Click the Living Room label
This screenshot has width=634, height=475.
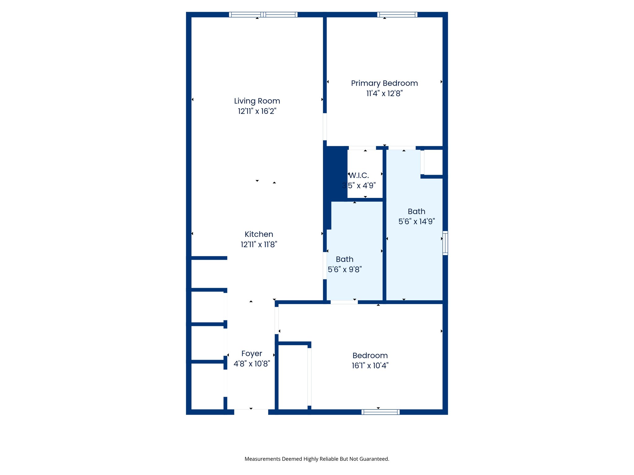[x=257, y=101]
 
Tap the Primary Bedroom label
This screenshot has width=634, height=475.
[x=384, y=83]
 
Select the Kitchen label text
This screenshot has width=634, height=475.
[x=259, y=234]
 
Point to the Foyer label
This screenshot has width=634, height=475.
[x=252, y=353]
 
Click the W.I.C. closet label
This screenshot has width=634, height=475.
[x=359, y=176]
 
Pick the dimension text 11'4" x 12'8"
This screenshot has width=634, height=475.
[x=384, y=93]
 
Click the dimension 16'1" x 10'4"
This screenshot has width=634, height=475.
[x=370, y=366]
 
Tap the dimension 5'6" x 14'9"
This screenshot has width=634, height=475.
[x=416, y=221]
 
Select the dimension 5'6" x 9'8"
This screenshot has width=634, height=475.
[x=345, y=269]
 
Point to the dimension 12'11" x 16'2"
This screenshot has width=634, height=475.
[x=257, y=111]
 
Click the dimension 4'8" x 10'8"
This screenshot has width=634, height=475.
[x=252, y=364]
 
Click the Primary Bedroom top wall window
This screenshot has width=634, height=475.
[x=397, y=15]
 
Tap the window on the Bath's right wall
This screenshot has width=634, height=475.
[x=445, y=243]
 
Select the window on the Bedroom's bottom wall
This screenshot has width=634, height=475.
[x=380, y=412]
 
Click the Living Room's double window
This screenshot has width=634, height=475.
[x=263, y=15]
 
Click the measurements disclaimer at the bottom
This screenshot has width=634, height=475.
[x=317, y=459]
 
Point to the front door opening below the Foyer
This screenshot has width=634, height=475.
[x=251, y=412]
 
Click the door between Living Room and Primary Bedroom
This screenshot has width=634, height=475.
[x=325, y=127]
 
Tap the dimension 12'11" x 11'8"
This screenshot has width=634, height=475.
[x=259, y=245]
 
